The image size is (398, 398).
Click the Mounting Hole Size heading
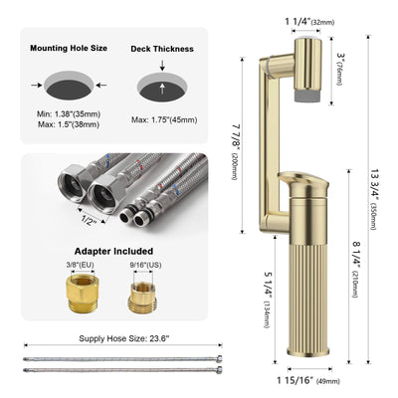point(70,47)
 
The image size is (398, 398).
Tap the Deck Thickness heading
point(159,47)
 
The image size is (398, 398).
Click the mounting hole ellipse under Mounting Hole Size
point(70,83)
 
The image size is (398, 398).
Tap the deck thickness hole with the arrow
point(159,83)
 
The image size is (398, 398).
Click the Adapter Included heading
point(114,253)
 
